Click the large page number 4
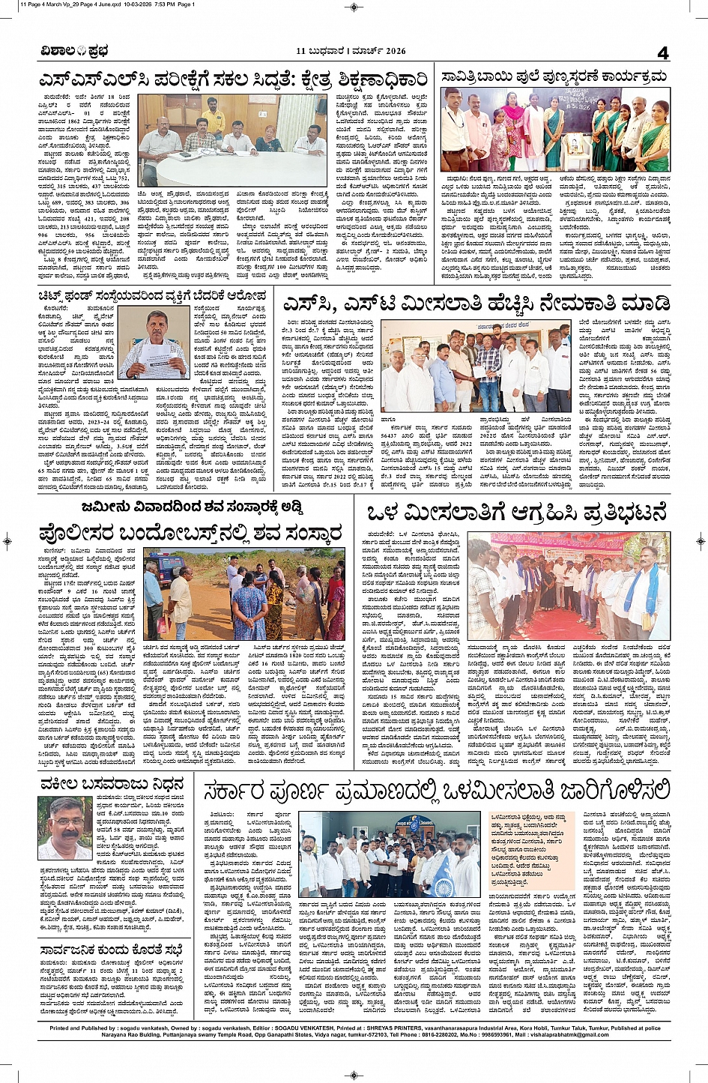pyautogui.click(x=662, y=52)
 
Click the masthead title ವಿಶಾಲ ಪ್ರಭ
pyautogui.click(x=75, y=52)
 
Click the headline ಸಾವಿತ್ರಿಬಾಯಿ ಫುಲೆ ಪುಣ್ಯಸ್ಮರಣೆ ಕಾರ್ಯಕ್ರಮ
pyautogui.click(x=554, y=77)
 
